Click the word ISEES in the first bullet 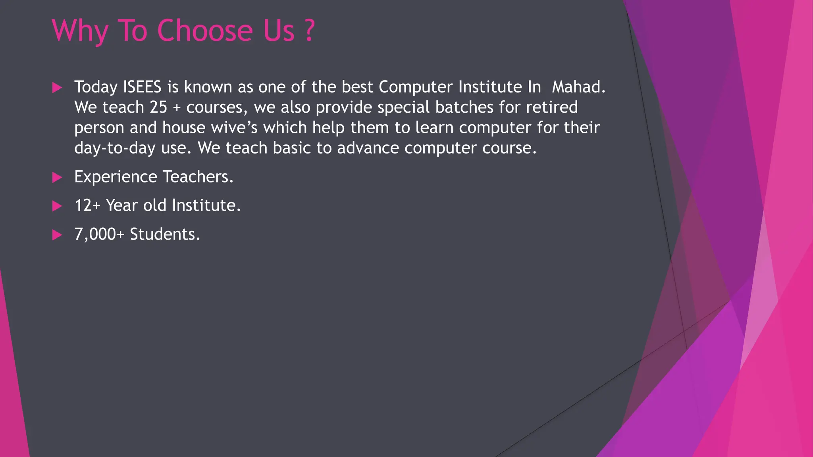(142, 87)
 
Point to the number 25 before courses (158, 108)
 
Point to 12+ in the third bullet (87, 205)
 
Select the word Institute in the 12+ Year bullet (206, 205)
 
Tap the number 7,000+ (99, 234)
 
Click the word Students (165, 234)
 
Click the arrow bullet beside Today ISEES (57, 88)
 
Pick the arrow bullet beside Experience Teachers (57, 177)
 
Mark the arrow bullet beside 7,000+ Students (57, 235)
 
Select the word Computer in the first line (416, 87)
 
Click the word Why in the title (80, 31)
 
